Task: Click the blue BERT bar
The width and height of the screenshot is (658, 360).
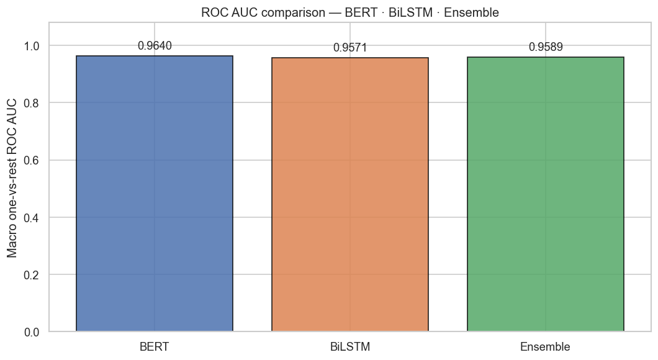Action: pyautogui.click(x=155, y=194)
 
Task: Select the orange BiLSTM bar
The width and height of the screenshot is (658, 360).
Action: pyautogui.click(x=350, y=194)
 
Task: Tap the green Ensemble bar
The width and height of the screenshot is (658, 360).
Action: pyautogui.click(x=546, y=194)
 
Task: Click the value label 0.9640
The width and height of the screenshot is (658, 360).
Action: pyautogui.click(x=155, y=46)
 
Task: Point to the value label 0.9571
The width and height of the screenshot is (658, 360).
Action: pyautogui.click(x=350, y=48)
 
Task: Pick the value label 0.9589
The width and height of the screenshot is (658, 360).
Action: pyautogui.click(x=546, y=47)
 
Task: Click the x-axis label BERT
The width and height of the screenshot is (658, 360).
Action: pyautogui.click(x=155, y=347)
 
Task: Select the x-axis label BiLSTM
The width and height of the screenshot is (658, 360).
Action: pyautogui.click(x=350, y=347)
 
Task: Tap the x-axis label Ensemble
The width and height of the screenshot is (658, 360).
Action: pyautogui.click(x=546, y=347)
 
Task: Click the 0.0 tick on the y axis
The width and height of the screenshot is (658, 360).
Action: pyautogui.click(x=31, y=332)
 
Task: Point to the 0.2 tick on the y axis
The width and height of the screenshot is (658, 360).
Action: pyautogui.click(x=31, y=275)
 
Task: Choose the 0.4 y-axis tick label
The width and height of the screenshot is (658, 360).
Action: pyautogui.click(x=31, y=218)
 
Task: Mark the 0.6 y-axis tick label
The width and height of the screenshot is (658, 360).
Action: pyautogui.click(x=31, y=160)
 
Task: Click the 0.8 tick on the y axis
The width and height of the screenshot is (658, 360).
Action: pyautogui.click(x=31, y=103)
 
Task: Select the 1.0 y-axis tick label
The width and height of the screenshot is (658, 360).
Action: pyautogui.click(x=31, y=46)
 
